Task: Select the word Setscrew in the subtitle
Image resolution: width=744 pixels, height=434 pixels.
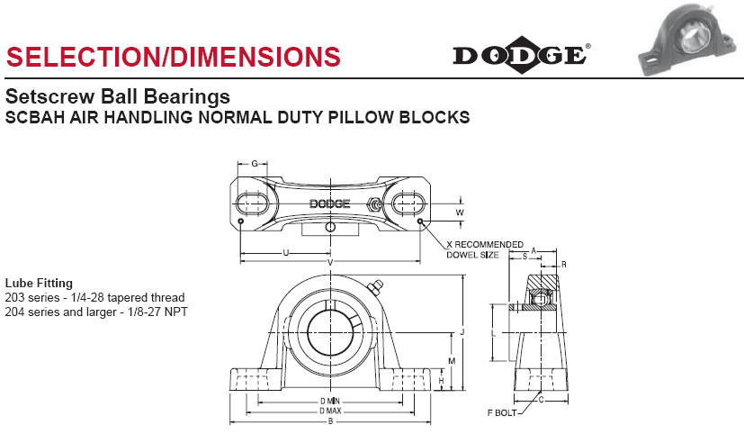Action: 49,96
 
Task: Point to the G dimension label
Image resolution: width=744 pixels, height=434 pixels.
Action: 255,164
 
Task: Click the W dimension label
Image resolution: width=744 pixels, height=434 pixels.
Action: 460,212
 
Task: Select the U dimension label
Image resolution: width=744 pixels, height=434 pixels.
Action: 286,253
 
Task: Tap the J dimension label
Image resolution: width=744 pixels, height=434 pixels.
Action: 462,332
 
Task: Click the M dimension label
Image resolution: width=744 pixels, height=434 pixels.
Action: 452,361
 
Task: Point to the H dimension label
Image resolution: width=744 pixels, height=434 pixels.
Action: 442,381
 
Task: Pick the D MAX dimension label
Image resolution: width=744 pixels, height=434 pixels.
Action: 330,411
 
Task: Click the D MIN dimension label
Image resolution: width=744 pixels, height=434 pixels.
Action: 330,402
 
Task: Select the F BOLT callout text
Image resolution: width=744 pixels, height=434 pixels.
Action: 502,412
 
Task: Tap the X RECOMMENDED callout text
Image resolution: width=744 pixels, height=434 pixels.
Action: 485,245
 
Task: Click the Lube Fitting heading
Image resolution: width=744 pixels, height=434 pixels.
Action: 39,283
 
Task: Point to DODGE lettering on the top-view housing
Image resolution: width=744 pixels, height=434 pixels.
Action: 330,203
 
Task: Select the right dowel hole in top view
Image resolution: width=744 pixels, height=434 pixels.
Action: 420,222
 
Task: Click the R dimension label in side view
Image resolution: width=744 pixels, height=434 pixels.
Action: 564,265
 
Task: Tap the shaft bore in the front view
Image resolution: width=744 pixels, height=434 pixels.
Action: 330,332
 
